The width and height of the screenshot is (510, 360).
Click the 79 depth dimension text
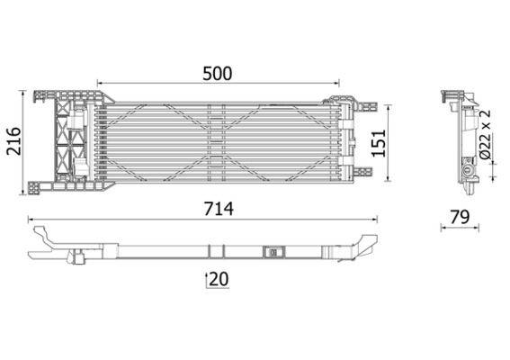coord(461,216)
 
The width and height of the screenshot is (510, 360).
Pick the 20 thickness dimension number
coord(219,280)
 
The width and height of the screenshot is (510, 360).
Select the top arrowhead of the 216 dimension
coord(26,91)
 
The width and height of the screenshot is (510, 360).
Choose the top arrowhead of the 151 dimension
coord(389,102)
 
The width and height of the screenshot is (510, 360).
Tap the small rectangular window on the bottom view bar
coord(272,253)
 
